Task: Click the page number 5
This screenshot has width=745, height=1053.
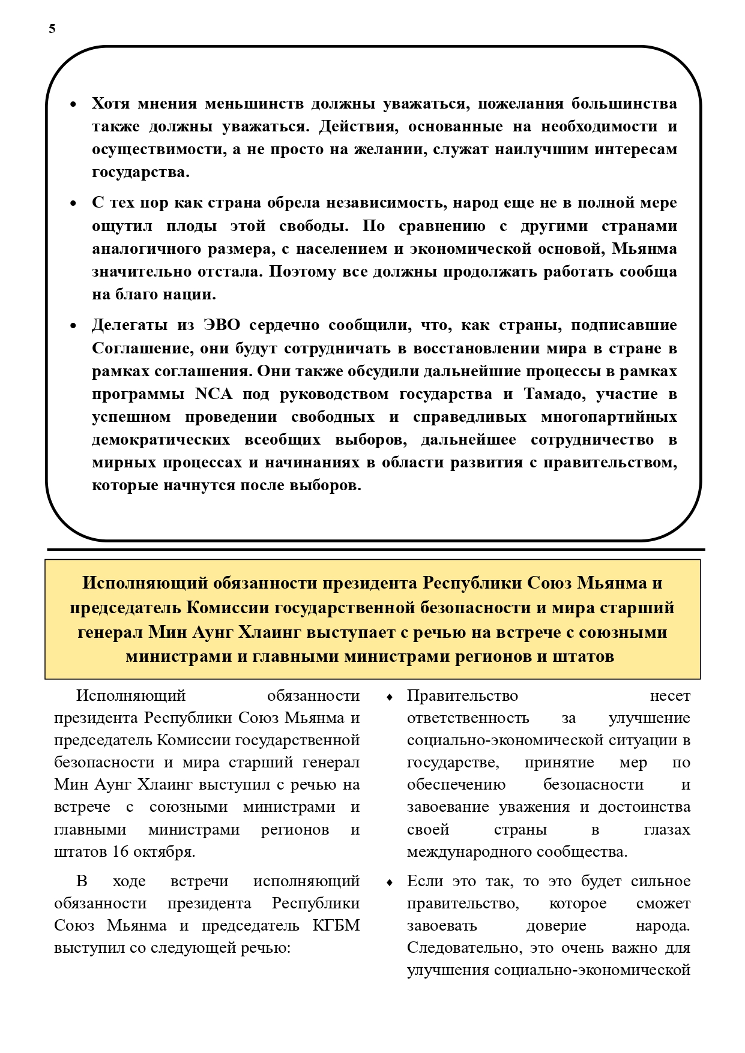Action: point(52,29)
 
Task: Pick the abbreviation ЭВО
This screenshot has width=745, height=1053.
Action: point(221,325)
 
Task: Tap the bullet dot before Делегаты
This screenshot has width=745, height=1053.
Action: point(73,326)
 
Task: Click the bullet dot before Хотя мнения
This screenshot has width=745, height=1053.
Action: point(73,104)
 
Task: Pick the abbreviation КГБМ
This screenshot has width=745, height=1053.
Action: point(336,926)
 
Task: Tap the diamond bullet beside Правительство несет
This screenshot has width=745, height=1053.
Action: point(390,697)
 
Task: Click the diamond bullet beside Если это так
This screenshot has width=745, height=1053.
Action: point(390,882)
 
